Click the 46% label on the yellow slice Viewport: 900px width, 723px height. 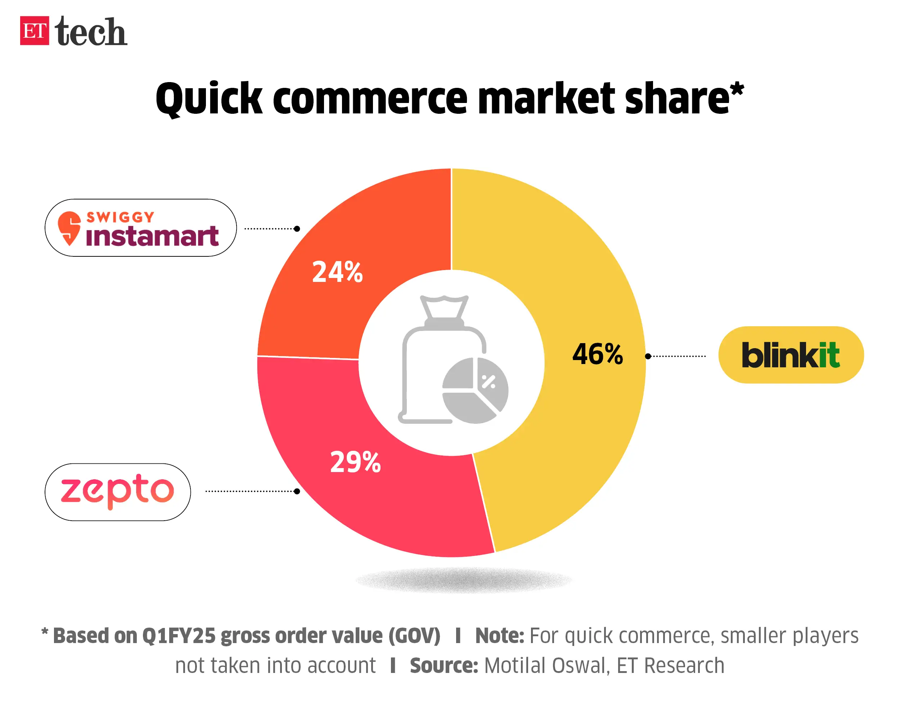597,354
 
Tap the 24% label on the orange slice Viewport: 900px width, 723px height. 337,272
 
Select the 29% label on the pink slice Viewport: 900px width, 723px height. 355,463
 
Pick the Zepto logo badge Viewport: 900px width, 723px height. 117,492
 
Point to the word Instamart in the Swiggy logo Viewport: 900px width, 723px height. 152,236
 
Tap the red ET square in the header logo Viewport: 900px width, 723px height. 34,31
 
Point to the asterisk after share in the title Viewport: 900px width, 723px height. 737,89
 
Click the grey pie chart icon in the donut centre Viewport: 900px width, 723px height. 475,390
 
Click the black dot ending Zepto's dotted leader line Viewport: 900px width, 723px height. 297,491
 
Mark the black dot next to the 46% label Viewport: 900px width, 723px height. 648,356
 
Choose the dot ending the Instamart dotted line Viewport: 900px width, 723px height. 297,229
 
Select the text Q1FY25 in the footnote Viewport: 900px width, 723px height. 179,636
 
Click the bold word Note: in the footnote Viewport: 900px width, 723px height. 499,636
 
